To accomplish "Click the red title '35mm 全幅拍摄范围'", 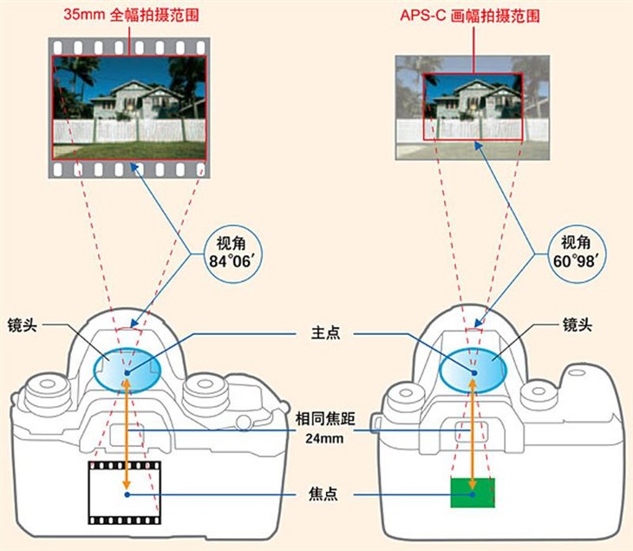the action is point(131,15).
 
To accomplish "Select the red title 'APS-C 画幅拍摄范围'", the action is point(470,16).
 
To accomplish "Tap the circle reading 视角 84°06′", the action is point(232,253).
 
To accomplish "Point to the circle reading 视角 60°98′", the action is point(577,253).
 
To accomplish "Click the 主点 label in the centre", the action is point(325,333).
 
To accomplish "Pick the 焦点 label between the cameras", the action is point(323,494).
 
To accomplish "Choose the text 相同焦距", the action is point(325,419).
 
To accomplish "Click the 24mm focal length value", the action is point(324,438).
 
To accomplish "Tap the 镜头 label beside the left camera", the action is point(23,325).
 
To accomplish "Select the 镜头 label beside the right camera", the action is point(578,325).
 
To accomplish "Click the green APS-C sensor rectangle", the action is point(473,492).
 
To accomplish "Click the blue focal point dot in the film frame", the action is point(127,495).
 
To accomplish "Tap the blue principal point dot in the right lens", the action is point(474,373).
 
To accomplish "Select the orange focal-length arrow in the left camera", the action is point(127,434).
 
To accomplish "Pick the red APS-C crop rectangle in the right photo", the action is point(423,107).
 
